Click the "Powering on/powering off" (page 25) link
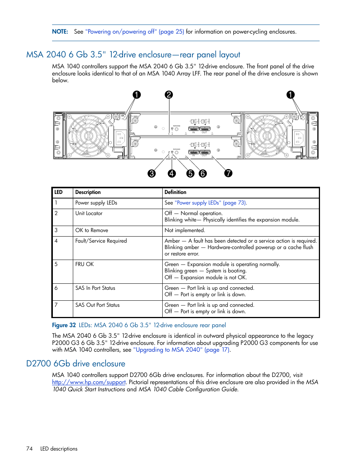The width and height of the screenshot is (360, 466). [x=135, y=32]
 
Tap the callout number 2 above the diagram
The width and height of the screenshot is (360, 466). [x=169, y=95]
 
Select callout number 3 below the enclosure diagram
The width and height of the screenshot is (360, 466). [x=152, y=174]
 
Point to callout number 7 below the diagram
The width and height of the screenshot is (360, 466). [x=228, y=173]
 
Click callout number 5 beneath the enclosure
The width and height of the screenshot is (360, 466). [x=191, y=174]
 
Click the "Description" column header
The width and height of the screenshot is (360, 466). [x=88, y=192]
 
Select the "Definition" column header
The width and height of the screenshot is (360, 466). [x=175, y=192]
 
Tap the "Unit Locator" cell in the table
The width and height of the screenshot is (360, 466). [x=89, y=214]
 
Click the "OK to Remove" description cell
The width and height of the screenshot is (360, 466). [x=92, y=231]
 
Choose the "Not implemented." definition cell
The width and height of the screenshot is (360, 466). [x=185, y=231]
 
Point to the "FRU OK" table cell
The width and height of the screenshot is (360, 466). [x=85, y=265]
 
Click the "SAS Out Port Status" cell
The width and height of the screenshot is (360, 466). [x=97, y=305]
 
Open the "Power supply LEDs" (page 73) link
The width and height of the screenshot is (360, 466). [x=211, y=203]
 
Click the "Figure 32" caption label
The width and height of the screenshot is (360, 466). [x=64, y=325]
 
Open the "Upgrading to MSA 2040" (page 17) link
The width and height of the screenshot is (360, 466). [x=181, y=350]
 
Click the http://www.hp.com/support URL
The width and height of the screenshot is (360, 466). [x=89, y=382]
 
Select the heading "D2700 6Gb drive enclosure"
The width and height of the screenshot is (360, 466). [x=76, y=364]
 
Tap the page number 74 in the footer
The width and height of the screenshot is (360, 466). [x=29, y=449]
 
